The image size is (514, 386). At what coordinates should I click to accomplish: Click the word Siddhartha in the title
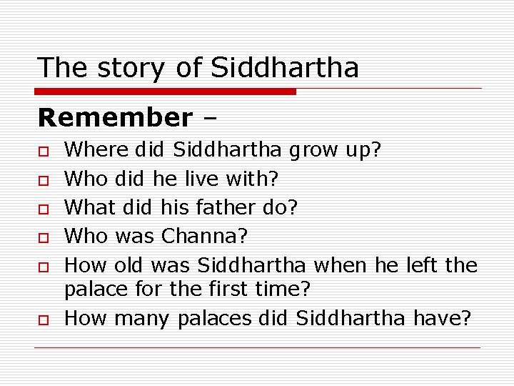tap(286, 68)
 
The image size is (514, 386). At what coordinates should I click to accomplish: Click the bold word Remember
tap(115, 117)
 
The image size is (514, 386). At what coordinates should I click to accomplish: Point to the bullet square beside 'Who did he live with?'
tap(44, 179)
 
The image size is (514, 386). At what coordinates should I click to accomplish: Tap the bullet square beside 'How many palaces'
tap(44, 318)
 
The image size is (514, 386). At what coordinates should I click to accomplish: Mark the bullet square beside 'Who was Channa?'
tap(44, 237)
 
